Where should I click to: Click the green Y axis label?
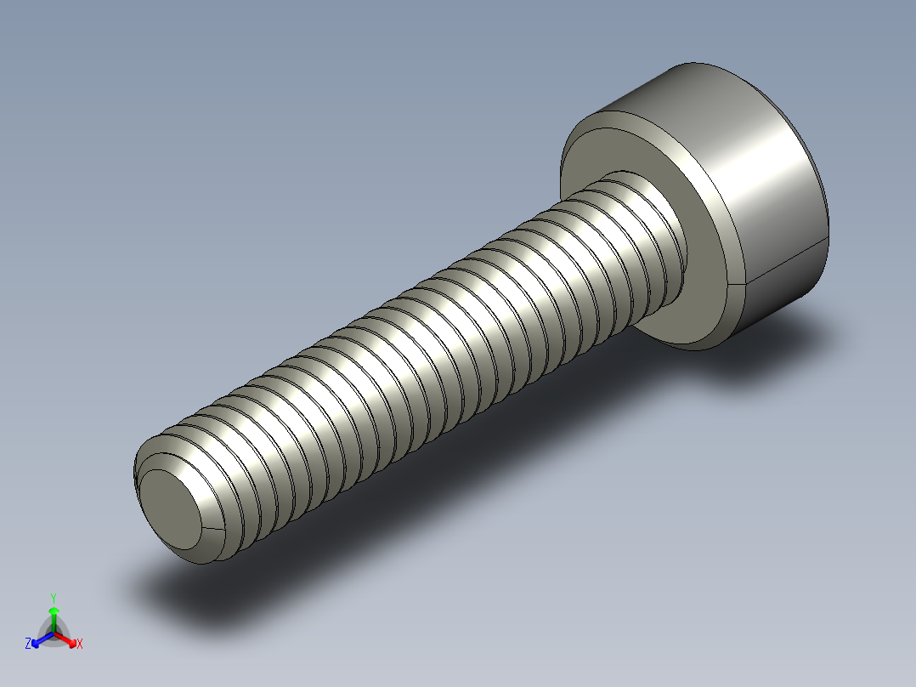click(54, 598)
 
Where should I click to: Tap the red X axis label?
click(80, 644)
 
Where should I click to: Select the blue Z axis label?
click(28, 644)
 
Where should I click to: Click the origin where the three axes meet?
click(54, 632)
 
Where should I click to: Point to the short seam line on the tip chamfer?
click(215, 530)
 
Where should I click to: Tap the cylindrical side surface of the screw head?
click(765, 187)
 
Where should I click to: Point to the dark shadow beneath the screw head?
click(765, 357)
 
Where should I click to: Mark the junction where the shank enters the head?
click(671, 255)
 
